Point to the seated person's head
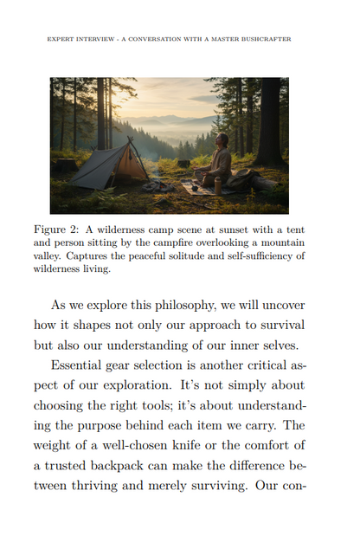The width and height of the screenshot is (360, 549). [x=222, y=139]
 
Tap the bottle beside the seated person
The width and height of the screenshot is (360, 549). [x=218, y=184]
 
